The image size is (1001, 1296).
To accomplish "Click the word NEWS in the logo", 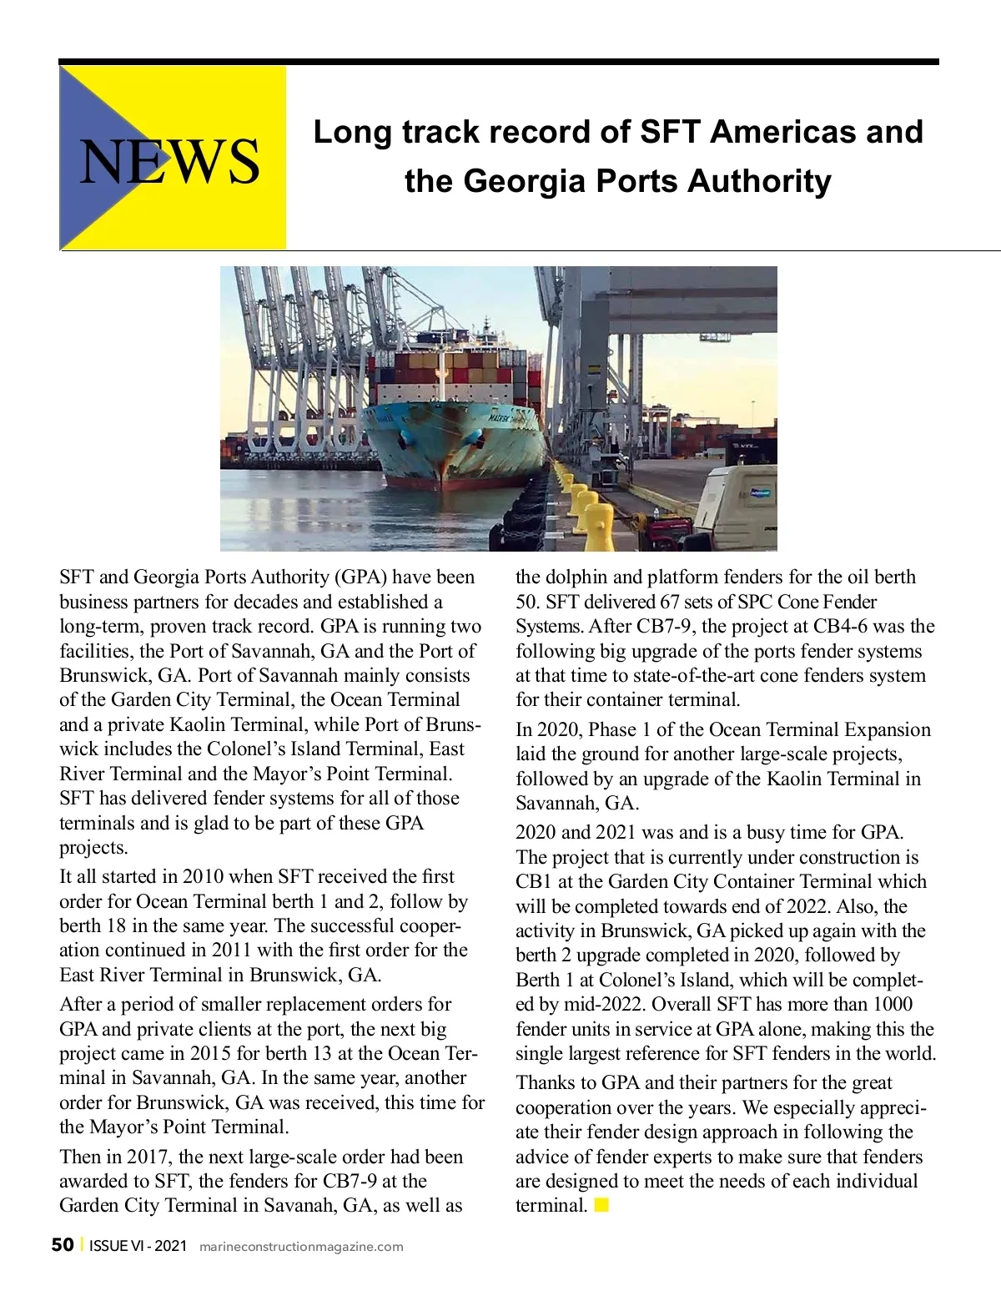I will tap(169, 160).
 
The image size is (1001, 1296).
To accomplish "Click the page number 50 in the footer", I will tap(62, 1245).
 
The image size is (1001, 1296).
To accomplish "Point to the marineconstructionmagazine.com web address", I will tap(301, 1247).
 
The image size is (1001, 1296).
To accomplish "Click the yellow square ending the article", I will tap(601, 1205).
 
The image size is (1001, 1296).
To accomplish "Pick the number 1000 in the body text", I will tap(893, 1004).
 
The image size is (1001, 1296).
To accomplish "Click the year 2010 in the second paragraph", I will tap(203, 876).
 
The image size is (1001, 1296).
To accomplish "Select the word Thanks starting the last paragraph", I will tap(543, 1082).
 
